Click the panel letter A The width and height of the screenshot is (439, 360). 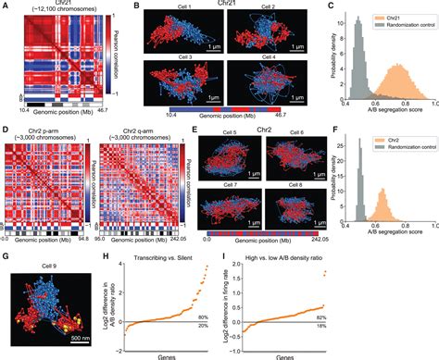pos(6,6)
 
